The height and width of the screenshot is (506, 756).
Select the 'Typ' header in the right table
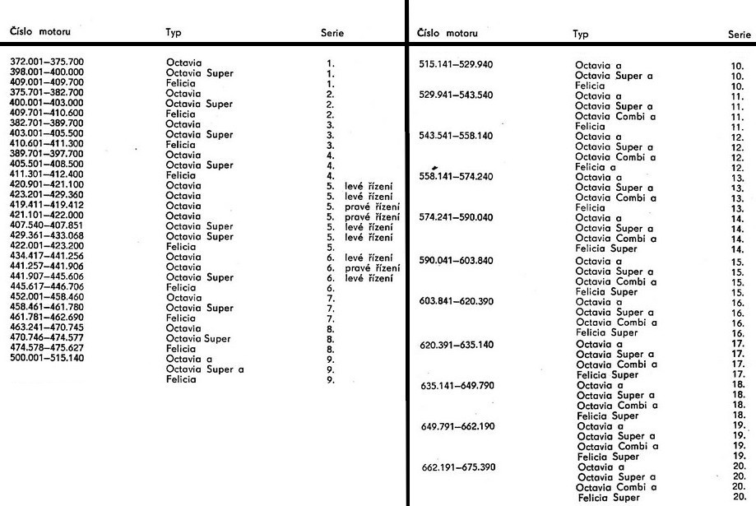(x=580, y=35)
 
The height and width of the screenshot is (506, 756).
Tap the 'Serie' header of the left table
(x=332, y=34)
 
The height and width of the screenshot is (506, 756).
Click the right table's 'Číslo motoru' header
(x=452, y=34)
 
